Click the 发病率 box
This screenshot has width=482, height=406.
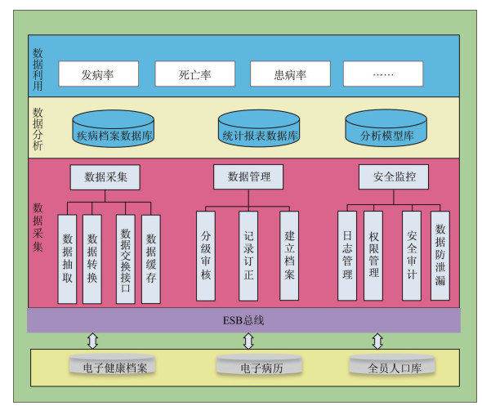click(x=98, y=74)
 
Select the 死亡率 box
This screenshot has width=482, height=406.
click(x=195, y=74)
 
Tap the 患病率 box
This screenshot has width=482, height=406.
click(x=290, y=74)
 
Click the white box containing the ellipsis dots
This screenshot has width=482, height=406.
click(x=383, y=74)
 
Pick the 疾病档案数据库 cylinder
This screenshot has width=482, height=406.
click(x=114, y=128)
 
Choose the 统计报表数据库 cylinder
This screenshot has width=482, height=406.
click(x=259, y=128)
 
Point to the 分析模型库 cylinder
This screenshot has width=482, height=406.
click(x=386, y=128)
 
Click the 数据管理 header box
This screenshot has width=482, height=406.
click(x=248, y=177)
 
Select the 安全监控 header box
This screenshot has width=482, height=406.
click(x=394, y=177)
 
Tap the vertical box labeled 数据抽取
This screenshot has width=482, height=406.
click(x=67, y=259)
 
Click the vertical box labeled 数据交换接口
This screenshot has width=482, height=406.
click(x=126, y=259)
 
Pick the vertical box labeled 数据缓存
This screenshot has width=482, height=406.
click(x=151, y=259)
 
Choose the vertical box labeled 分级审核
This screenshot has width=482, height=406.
click(x=206, y=256)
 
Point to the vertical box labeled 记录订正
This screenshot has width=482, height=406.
click(x=248, y=256)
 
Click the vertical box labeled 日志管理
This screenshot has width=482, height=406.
click(x=347, y=256)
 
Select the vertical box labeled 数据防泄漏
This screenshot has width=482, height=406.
click(x=440, y=256)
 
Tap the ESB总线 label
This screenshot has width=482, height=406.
click(x=243, y=320)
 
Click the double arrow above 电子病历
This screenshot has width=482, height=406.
click(x=248, y=341)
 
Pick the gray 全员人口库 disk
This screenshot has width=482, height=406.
click(x=392, y=365)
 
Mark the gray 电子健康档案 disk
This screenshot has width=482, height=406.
click(x=112, y=365)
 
